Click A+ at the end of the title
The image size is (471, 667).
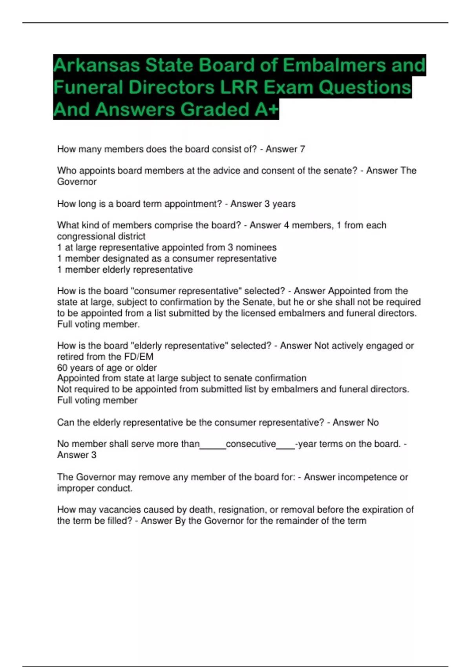pos(266,109)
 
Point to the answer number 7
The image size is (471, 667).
pos(302,149)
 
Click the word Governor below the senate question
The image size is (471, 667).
pos(77,182)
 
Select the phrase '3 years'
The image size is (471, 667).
pos(280,204)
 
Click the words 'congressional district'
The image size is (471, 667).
pos(101,236)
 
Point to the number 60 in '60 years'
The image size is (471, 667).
pos(62,368)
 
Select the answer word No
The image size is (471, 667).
pos(372,423)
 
